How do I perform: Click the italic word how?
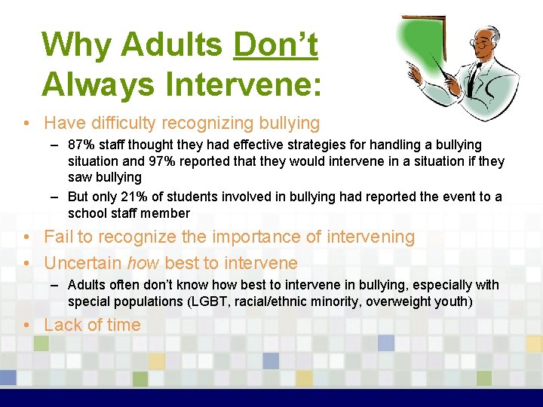(x=143, y=263)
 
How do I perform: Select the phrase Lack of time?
(x=92, y=325)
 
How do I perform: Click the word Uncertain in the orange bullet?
(x=83, y=263)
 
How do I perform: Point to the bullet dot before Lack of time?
(x=27, y=326)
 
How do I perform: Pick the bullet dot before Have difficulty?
(x=27, y=123)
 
